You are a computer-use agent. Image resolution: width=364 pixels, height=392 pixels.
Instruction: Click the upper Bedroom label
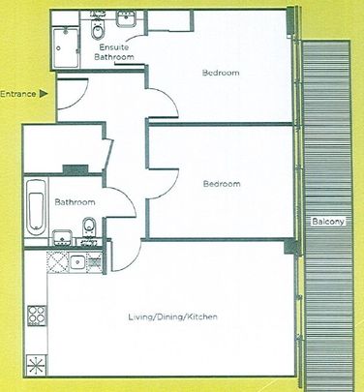[221, 74]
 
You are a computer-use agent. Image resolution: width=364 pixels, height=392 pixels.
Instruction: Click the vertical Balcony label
[324, 223]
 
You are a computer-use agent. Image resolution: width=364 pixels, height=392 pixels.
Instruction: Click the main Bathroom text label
[75, 202]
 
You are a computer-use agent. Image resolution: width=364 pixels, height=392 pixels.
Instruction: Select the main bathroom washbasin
[61, 236]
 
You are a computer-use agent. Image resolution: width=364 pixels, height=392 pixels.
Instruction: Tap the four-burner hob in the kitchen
[39, 314]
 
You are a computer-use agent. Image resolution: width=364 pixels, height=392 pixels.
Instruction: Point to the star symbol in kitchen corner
[38, 366]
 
